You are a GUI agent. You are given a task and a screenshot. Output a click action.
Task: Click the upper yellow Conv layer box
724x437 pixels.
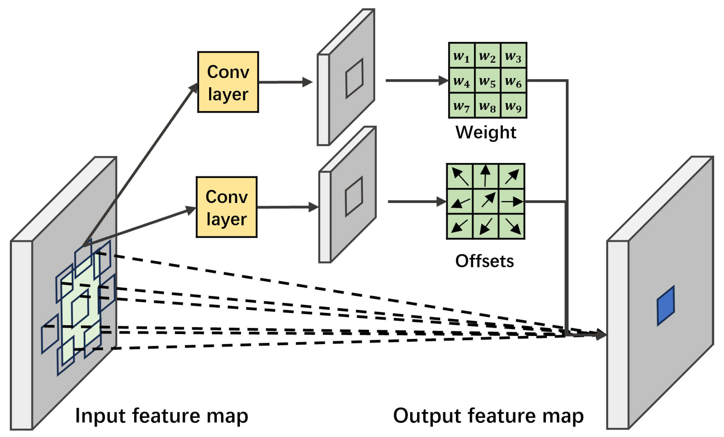(228, 82)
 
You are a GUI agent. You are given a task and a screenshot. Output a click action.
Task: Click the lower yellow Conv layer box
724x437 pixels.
(227, 207)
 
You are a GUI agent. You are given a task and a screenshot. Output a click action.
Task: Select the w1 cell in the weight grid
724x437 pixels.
(461, 56)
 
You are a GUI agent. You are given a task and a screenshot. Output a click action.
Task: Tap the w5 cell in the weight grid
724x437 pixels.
(487, 81)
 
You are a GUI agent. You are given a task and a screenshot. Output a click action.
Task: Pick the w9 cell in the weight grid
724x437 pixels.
(513, 106)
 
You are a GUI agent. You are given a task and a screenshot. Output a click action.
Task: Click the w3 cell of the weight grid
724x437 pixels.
(513, 56)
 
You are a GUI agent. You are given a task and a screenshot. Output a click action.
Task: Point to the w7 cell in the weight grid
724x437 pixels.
(461, 106)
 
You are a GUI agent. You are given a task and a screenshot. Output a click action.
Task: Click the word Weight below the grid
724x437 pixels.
(486, 132)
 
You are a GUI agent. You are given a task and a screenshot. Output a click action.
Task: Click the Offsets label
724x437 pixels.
(485, 261)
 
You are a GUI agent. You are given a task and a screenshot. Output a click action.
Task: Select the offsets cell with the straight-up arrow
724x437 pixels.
(485, 176)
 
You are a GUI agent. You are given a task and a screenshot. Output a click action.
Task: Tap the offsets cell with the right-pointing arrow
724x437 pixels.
(512, 201)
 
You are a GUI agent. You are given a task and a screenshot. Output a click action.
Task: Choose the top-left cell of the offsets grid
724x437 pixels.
(460, 176)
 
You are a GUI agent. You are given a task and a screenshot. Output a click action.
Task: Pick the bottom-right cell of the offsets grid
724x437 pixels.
(512, 227)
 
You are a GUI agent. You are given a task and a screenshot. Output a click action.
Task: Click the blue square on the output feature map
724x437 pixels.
(665, 306)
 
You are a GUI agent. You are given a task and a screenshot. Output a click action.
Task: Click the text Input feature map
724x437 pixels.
(162, 416)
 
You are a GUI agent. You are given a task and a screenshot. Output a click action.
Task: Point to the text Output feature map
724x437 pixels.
(488, 416)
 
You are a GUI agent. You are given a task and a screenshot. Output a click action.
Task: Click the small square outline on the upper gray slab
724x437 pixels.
(354, 78)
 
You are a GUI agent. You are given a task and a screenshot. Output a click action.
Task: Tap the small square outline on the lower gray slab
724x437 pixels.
(354, 196)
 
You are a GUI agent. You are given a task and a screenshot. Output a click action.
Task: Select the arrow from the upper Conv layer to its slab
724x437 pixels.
(286, 82)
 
